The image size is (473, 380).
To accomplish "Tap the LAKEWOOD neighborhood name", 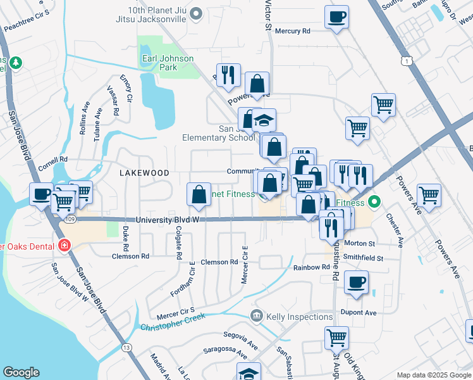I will click(145, 172).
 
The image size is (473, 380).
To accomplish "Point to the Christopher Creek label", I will click(173, 326).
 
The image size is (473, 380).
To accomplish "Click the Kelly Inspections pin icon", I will click(257, 315).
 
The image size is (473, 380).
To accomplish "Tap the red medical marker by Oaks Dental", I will click(64, 246).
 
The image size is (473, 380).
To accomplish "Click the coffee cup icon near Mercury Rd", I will click(336, 16).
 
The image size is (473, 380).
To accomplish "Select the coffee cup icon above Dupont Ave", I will click(357, 281).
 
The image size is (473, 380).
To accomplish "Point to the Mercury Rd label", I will click(293, 30).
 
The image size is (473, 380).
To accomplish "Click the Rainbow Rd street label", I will click(311, 267).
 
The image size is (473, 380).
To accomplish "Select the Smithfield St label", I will click(364, 258).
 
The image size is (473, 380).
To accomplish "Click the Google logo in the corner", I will click(21, 372).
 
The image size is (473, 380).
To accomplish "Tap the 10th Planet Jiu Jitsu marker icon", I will click(196, 13).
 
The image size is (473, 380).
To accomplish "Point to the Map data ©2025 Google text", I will click(433, 375).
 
